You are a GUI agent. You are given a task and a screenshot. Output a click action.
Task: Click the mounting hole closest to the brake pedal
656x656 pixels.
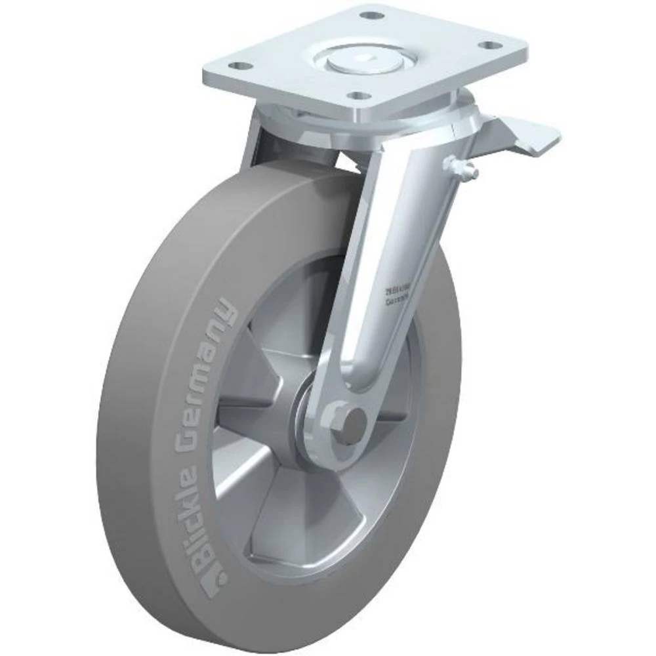click(x=487, y=45)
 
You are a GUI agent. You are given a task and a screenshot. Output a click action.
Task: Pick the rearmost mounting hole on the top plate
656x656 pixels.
click(x=372, y=15)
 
